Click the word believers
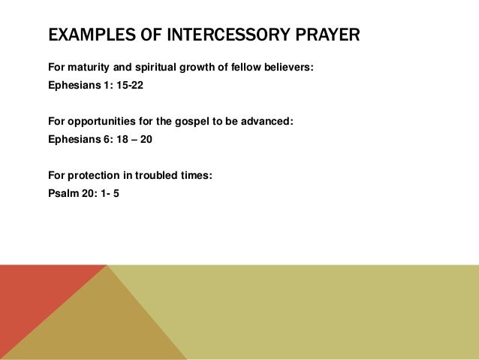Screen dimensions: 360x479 288,68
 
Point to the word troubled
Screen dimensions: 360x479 160,176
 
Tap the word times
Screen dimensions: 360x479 199,176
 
